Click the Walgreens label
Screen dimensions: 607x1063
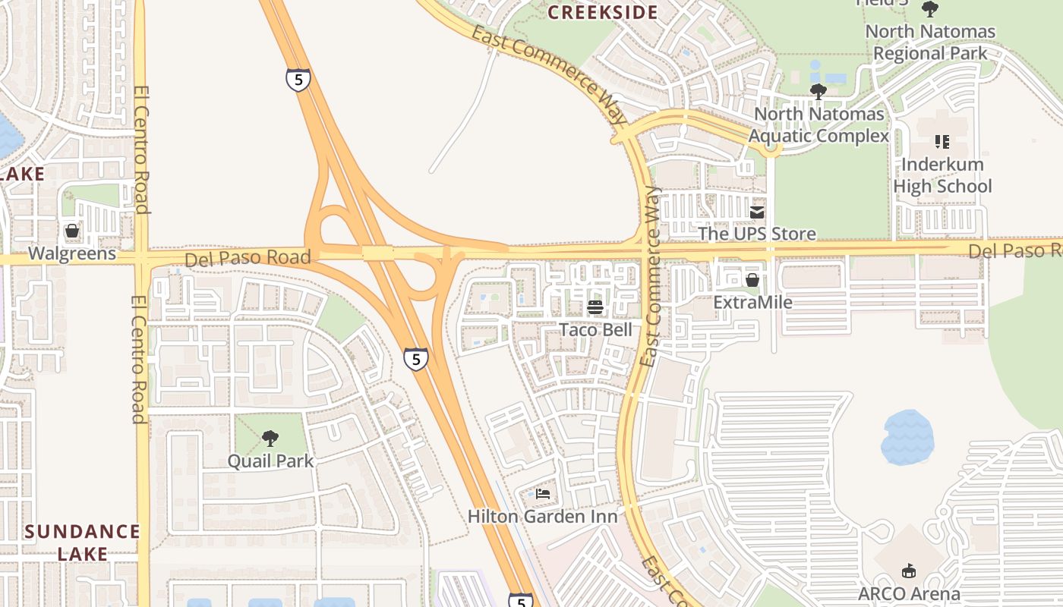tap(72, 253)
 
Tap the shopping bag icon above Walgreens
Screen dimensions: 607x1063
tap(72, 231)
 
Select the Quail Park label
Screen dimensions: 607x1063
tap(270, 461)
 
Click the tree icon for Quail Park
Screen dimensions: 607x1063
tap(270, 439)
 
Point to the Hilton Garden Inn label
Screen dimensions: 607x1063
tap(542, 517)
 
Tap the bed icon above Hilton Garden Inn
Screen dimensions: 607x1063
tap(543, 494)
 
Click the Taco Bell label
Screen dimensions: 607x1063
tap(595, 330)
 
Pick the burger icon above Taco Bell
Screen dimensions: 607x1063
tap(595, 307)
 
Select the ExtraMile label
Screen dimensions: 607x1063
tap(752, 303)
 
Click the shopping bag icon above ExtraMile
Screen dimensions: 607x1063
tap(752, 280)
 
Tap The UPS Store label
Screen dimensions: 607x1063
tap(757, 234)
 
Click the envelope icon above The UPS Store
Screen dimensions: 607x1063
tap(757, 212)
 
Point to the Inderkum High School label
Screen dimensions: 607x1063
tap(942, 175)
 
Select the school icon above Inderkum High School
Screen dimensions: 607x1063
tap(942, 142)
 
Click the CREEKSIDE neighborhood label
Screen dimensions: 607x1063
tap(603, 13)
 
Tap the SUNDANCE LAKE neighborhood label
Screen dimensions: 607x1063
tap(82, 543)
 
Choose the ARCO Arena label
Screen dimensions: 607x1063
tap(909, 593)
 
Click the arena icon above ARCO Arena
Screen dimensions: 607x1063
tap(909, 571)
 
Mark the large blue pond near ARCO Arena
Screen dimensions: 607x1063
tap(907, 438)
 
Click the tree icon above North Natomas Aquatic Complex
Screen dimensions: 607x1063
tap(818, 93)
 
